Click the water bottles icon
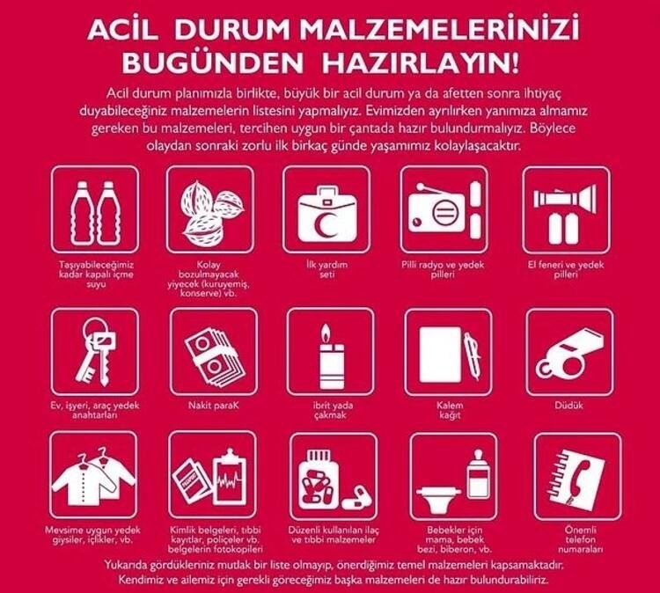click(95, 213)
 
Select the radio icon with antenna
click(436, 209)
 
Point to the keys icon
click(95, 350)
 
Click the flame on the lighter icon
click(325, 333)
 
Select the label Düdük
click(569, 406)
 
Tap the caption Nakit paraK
click(214, 406)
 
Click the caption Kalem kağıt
click(450, 410)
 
